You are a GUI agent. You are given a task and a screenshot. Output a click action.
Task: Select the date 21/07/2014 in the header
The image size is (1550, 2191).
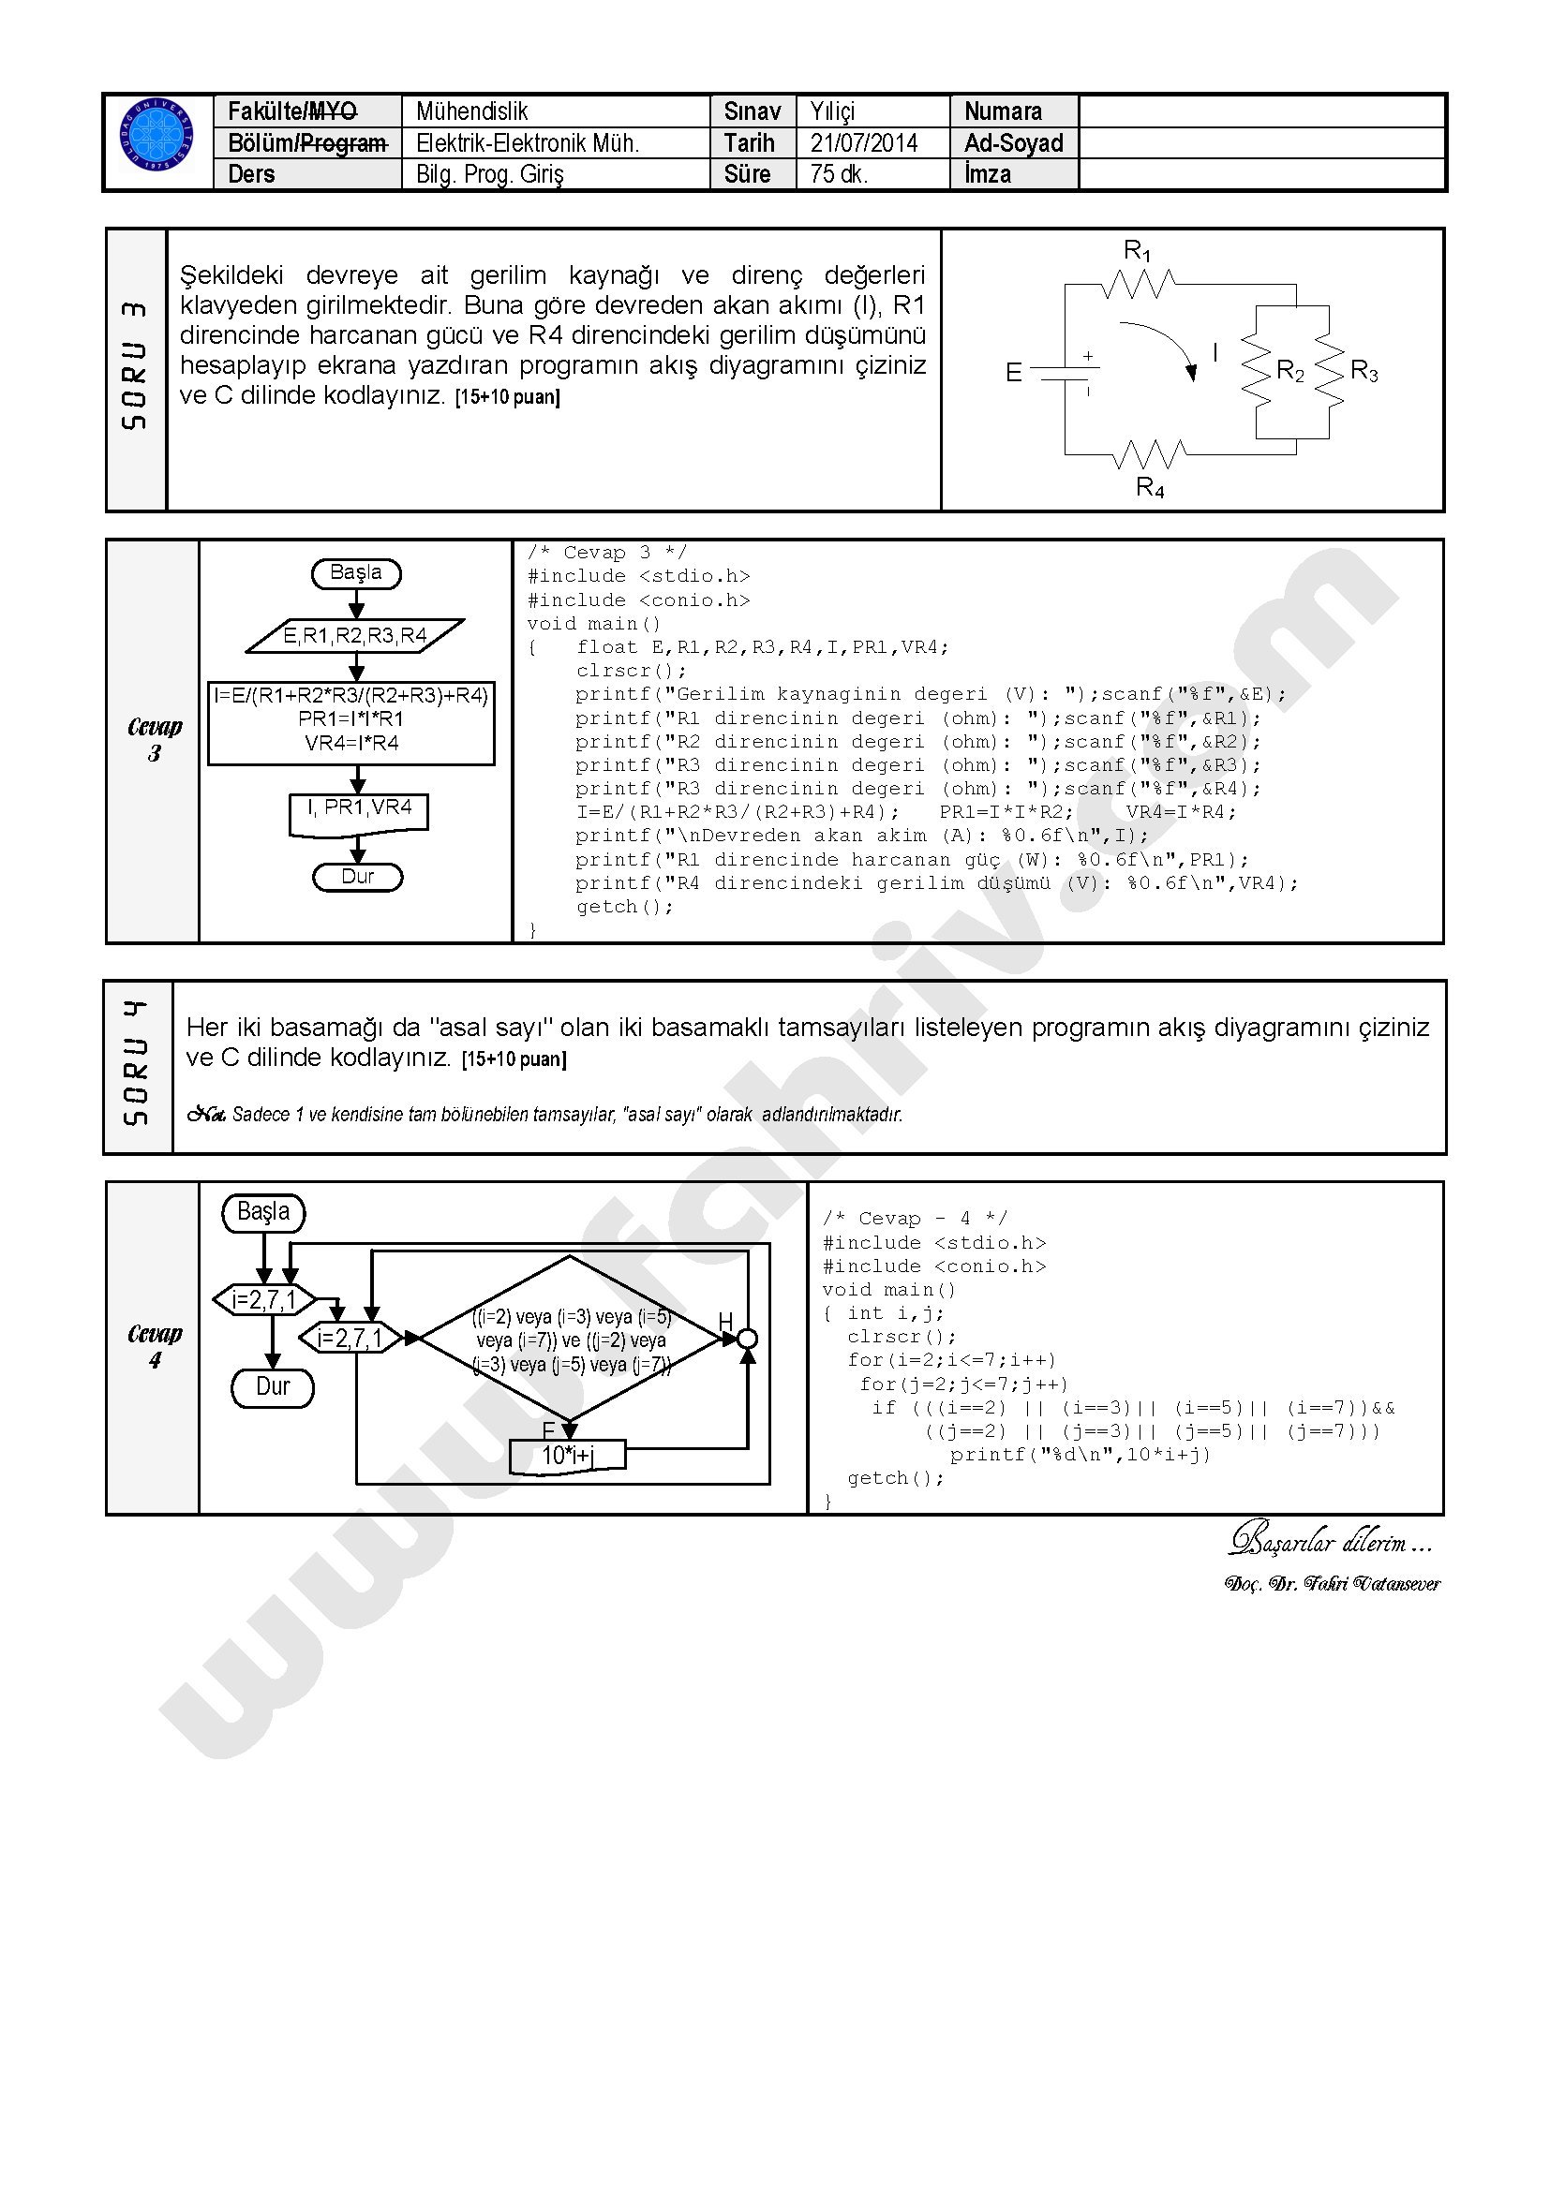(x=864, y=143)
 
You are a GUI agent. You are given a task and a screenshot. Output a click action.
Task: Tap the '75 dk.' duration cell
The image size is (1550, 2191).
(x=839, y=174)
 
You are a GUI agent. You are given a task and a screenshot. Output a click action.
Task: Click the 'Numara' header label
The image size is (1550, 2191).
(x=1003, y=111)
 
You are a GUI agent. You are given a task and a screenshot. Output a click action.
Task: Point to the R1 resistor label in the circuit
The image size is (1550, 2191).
(x=1137, y=252)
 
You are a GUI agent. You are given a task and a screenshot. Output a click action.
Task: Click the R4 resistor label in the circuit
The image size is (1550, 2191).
(x=1149, y=489)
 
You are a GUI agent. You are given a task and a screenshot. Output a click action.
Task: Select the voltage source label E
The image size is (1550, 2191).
(x=1014, y=372)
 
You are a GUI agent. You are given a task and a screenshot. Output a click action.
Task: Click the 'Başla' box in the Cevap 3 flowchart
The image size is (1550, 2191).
(x=356, y=573)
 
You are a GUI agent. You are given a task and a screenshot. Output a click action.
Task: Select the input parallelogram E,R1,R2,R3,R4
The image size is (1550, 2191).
(x=355, y=636)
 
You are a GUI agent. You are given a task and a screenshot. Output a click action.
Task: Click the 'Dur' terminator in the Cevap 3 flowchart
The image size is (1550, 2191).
(x=358, y=877)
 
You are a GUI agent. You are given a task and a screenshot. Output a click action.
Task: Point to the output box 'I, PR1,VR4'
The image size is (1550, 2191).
(x=359, y=809)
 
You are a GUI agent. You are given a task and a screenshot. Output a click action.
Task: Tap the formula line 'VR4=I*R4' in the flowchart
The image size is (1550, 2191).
(x=351, y=744)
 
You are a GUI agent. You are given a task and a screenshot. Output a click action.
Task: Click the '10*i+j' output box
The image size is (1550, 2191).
(x=568, y=1456)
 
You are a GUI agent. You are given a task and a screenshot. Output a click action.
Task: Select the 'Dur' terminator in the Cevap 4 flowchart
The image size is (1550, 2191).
(x=273, y=1387)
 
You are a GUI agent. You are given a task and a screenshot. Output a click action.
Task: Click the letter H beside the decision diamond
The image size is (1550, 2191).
(x=725, y=1321)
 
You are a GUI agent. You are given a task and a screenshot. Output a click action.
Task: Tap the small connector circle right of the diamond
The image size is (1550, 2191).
(x=747, y=1339)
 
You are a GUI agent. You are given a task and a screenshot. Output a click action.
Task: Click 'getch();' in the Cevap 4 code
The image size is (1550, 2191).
(x=895, y=1478)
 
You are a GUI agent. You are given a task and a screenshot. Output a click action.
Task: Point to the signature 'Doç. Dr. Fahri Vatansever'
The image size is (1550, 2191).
(x=1332, y=1583)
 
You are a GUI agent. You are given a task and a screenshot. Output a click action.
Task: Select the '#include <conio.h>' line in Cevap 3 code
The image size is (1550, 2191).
(x=638, y=600)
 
